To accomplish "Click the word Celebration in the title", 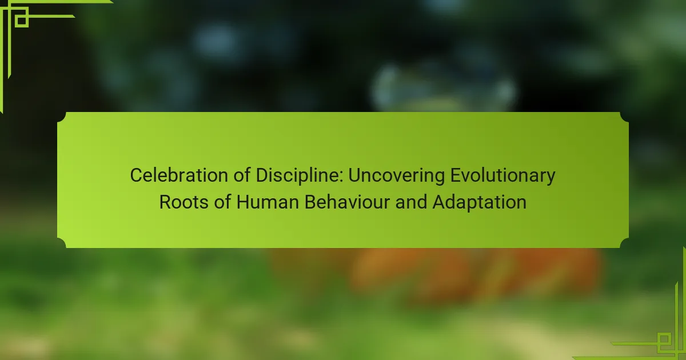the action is click(179, 175).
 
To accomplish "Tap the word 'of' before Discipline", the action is click(242, 175).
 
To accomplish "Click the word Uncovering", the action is click(397, 176).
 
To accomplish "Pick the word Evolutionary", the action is click(503, 176).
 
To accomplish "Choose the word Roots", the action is click(184, 202).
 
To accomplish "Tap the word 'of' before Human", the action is click(222, 202).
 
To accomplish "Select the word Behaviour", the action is click(347, 202).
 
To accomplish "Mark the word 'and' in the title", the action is click(411, 202).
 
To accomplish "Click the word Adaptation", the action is click(479, 203).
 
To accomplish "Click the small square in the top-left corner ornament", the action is click(22, 21).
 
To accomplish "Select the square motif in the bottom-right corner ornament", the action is click(664, 339).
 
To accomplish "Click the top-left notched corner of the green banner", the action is click(62, 117).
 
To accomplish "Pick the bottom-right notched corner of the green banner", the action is click(624, 243).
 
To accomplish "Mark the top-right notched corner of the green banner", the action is click(624, 117).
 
